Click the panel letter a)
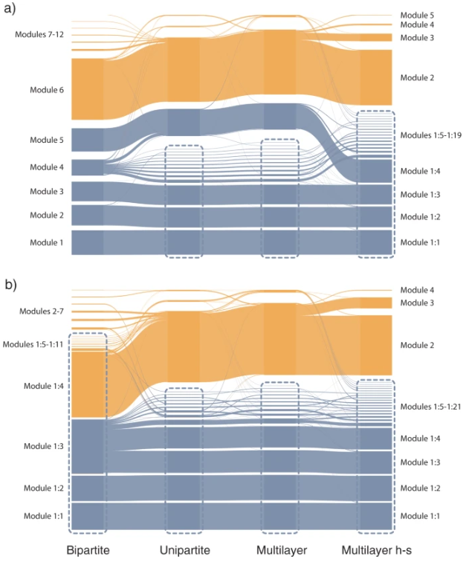click(x=10, y=9)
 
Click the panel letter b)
click(x=10, y=285)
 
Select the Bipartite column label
click(x=88, y=550)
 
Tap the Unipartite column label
click(x=184, y=550)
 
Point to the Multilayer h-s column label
click(x=376, y=550)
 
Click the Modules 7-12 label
click(x=39, y=35)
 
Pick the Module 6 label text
click(x=47, y=90)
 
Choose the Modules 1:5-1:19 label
click(x=431, y=135)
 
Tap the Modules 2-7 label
click(x=41, y=311)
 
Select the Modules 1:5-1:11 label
click(x=33, y=344)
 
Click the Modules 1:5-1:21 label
click(x=430, y=407)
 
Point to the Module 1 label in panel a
click(x=47, y=242)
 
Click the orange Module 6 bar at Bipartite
click(x=88, y=89)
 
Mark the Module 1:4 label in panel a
click(x=420, y=171)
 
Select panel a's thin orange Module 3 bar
click(x=375, y=38)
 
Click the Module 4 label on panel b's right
click(x=417, y=290)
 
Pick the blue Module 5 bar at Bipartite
click(x=88, y=140)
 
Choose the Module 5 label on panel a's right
click(x=417, y=16)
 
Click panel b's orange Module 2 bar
click(x=375, y=345)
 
